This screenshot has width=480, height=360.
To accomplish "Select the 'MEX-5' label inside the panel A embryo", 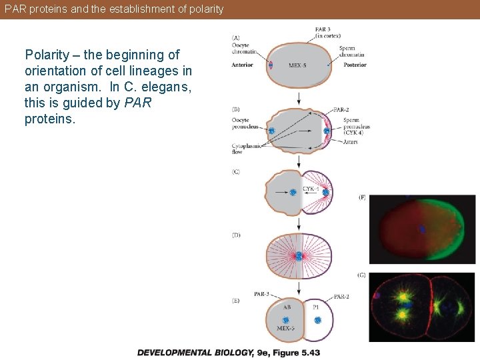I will pyautogui.click(x=298, y=65).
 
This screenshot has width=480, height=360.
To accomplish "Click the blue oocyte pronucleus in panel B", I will pyautogui.click(x=271, y=131).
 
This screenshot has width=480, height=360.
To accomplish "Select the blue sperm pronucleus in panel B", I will pyautogui.click(x=326, y=131).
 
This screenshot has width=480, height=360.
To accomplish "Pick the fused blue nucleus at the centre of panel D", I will pyautogui.click(x=299, y=256).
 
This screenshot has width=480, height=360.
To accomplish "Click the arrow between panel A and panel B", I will pyautogui.click(x=299, y=98).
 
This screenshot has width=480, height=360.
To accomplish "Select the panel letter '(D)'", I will pyautogui.click(x=236, y=235).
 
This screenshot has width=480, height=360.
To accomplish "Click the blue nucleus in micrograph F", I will pyautogui.click(x=422, y=229).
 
